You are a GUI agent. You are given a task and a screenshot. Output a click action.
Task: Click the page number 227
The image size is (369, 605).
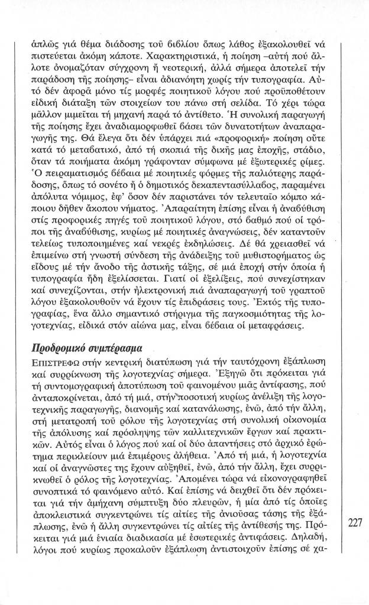[x=355, y=522]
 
